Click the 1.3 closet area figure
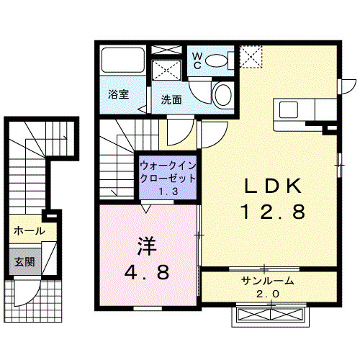point(167,192)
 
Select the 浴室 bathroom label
point(118,94)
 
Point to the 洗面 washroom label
point(170,100)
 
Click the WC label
point(195,60)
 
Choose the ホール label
point(29,232)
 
